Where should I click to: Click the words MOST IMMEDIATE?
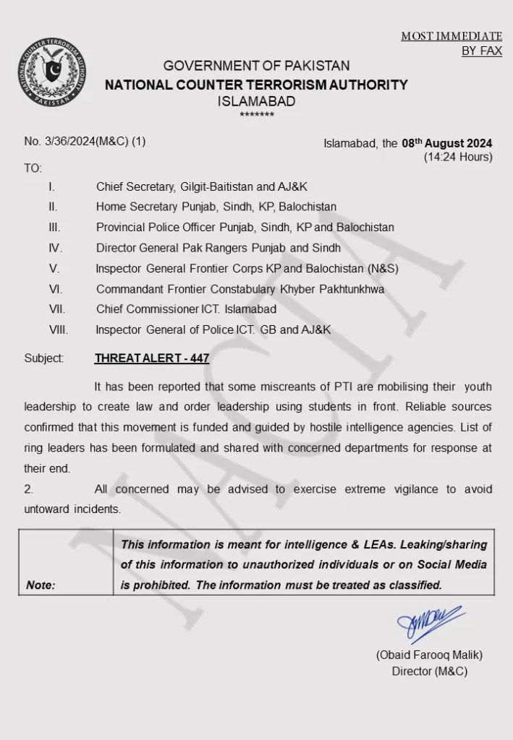click(x=451, y=36)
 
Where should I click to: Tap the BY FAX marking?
click(x=481, y=51)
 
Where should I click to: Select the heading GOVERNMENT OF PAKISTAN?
click(x=256, y=66)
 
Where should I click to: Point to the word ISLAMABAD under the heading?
click(x=256, y=102)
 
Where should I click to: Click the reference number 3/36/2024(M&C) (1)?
click(x=85, y=142)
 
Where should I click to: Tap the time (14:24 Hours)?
click(x=458, y=157)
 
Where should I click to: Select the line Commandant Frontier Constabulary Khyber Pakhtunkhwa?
click(x=239, y=289)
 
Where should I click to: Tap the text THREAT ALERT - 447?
click(x=152, y=358)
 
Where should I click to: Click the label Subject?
click(x=44, y=358)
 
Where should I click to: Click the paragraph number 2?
click(x=28, y=489)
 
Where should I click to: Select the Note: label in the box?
click(x=41, y=585)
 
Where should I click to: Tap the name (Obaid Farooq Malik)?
click(x=429, y=655)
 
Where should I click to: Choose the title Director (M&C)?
click(x=429, y=671)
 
